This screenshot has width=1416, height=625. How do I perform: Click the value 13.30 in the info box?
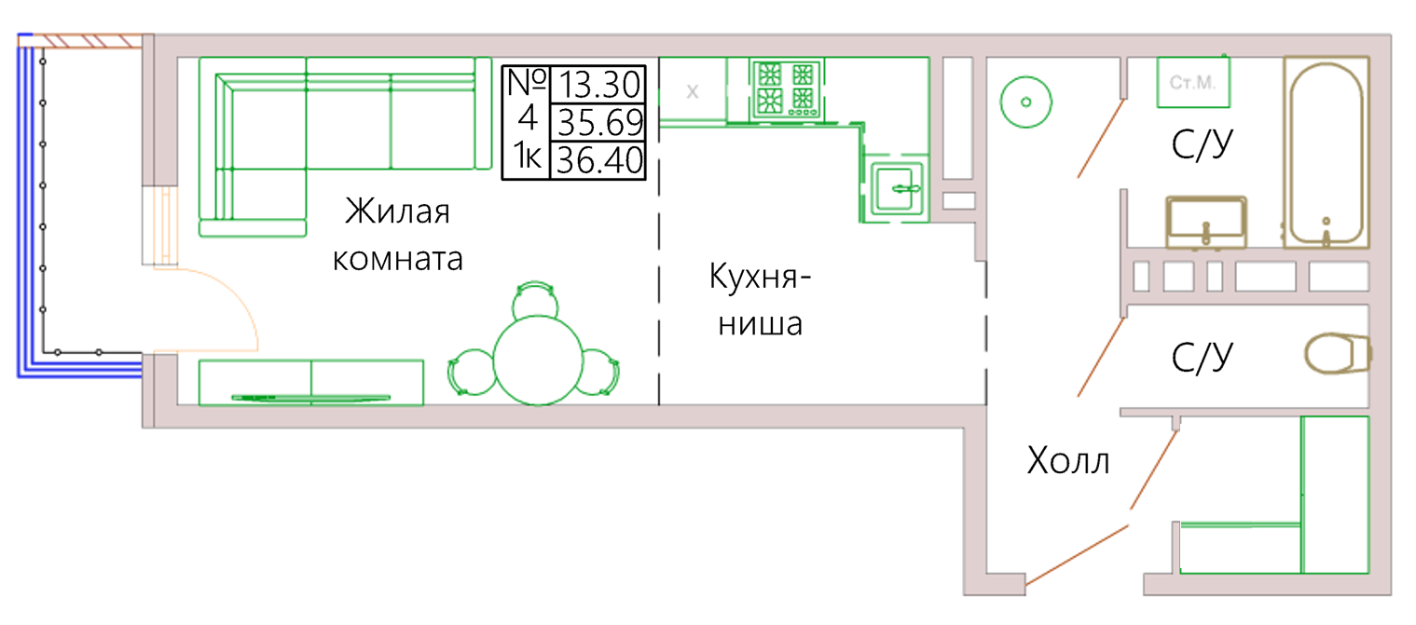tap(599, 85)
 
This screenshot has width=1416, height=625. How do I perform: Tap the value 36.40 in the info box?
tap(599, 160)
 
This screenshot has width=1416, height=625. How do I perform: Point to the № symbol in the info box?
tap(528, 82)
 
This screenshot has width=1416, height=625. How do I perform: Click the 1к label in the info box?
tap(528, 156)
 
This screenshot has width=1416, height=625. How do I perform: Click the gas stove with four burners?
tap(787, 89)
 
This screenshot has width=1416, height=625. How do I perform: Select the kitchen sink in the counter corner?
tap(897, 188)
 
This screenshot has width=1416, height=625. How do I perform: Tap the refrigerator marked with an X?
tap(693, 89)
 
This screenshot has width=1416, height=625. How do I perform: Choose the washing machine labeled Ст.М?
tap(1193, 82)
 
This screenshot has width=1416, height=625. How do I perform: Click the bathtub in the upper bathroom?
tap(1327, 153)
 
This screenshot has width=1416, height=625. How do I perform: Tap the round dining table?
tap(538, 360)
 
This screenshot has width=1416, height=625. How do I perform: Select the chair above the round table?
tap(535, 301)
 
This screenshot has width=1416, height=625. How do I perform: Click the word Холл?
tap(1068, 461)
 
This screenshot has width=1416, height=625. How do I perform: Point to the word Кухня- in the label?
tap(760, 277)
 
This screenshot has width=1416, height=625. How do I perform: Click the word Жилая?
tap(398, 211)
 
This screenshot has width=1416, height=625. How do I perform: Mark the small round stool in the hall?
tap(1026, 102)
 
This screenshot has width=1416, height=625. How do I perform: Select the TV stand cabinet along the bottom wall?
tap(311, 383)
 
